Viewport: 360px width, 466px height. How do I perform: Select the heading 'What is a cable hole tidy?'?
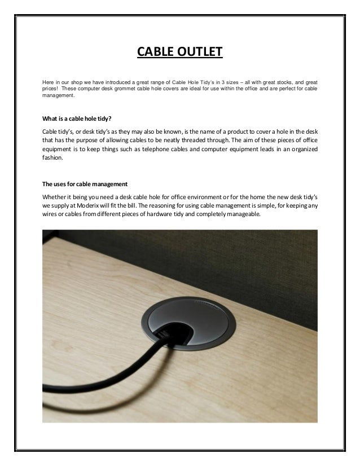tap(77, 118)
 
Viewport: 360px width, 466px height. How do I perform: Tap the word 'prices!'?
tap(51, 89)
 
